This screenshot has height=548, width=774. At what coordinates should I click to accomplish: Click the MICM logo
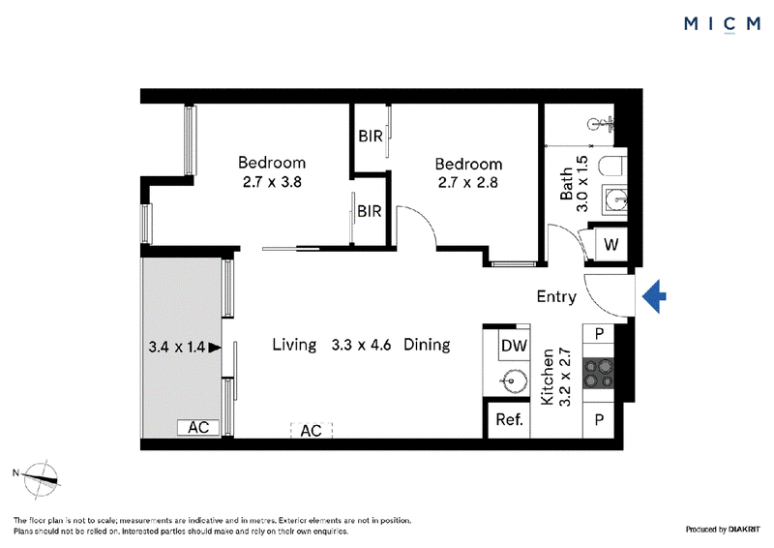coord(722,23)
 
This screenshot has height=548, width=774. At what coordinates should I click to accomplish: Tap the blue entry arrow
coord(654,296)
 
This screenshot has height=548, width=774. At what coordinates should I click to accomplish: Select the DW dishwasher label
coord(514,346)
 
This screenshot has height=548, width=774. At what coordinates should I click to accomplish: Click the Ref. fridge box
coord(509,420)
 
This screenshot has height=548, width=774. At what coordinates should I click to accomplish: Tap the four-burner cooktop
coord(598,373)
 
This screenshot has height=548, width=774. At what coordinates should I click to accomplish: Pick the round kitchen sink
coord(511,381)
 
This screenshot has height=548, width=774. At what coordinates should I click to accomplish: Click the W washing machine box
coord(611,244)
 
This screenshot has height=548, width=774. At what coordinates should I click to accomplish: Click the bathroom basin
coord(614,200)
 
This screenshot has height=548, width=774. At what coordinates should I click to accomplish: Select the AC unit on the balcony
coord(198,427)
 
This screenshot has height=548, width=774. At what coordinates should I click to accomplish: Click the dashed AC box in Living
coord(312,431)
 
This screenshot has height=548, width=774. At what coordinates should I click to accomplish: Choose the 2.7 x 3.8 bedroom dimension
coord(272,182)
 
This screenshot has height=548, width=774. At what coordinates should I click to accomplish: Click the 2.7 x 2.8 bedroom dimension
coord(468,183)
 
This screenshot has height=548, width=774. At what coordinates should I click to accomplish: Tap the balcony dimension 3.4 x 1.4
coord(177,347)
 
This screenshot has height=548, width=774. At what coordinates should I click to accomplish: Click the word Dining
coord(427,345)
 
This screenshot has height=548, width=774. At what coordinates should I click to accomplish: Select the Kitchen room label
coord(548,378)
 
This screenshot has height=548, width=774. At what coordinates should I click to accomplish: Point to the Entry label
coord(556,296)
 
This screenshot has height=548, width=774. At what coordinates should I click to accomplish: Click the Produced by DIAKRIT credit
coord(723,530)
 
